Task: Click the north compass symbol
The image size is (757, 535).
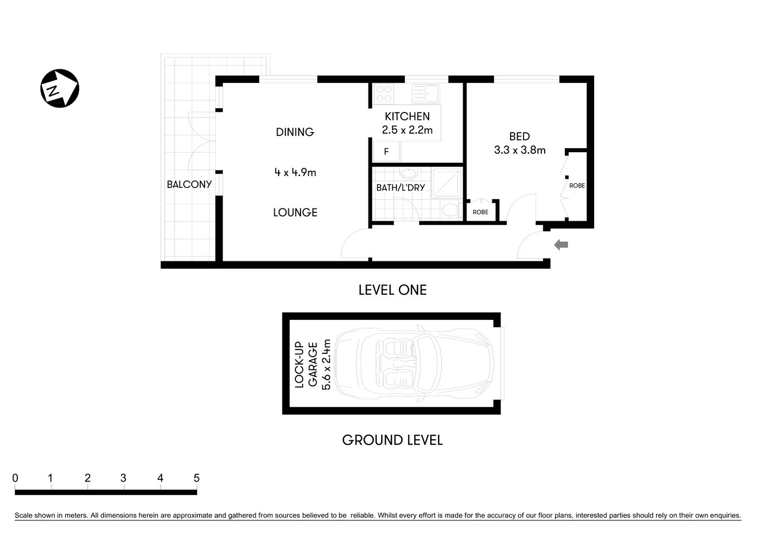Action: (60, 88)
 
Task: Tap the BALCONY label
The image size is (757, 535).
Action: (189, 184)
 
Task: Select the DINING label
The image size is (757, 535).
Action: (295, 132)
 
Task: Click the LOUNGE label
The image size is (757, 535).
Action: (295, 212)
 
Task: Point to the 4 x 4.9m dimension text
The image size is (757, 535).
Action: (295, 172)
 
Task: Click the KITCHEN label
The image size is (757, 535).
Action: (407, 116)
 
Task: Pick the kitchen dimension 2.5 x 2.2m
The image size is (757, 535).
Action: (407, 130)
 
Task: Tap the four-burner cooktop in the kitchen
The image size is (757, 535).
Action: (384, 94)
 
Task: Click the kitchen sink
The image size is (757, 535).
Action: (426, 93)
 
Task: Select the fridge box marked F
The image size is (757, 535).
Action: (386, 152)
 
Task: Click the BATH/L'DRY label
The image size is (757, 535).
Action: (400, 188)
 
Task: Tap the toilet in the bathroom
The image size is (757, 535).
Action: (449, 211)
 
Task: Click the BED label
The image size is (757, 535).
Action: (519, 137)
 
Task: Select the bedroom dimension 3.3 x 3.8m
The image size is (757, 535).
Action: (519, 150)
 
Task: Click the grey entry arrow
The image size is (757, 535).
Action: (561, 245)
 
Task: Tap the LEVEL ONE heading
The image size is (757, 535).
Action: (392, 290)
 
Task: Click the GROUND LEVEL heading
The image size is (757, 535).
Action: (392, 440)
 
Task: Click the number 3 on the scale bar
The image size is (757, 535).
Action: (123, 478)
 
